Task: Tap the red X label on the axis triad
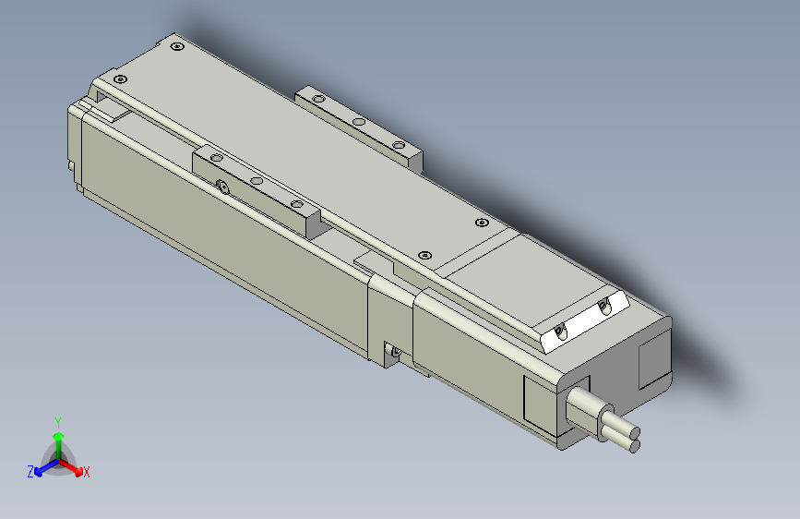click(87, 473)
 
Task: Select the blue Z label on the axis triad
click(30, 472)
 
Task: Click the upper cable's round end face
click(634, 432)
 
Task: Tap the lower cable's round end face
click(633, 447)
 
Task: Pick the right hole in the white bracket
click(604, 307)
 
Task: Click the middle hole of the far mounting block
click(359, 121)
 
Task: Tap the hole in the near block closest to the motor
click(296, 204)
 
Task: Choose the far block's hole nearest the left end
click(318, 99)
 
